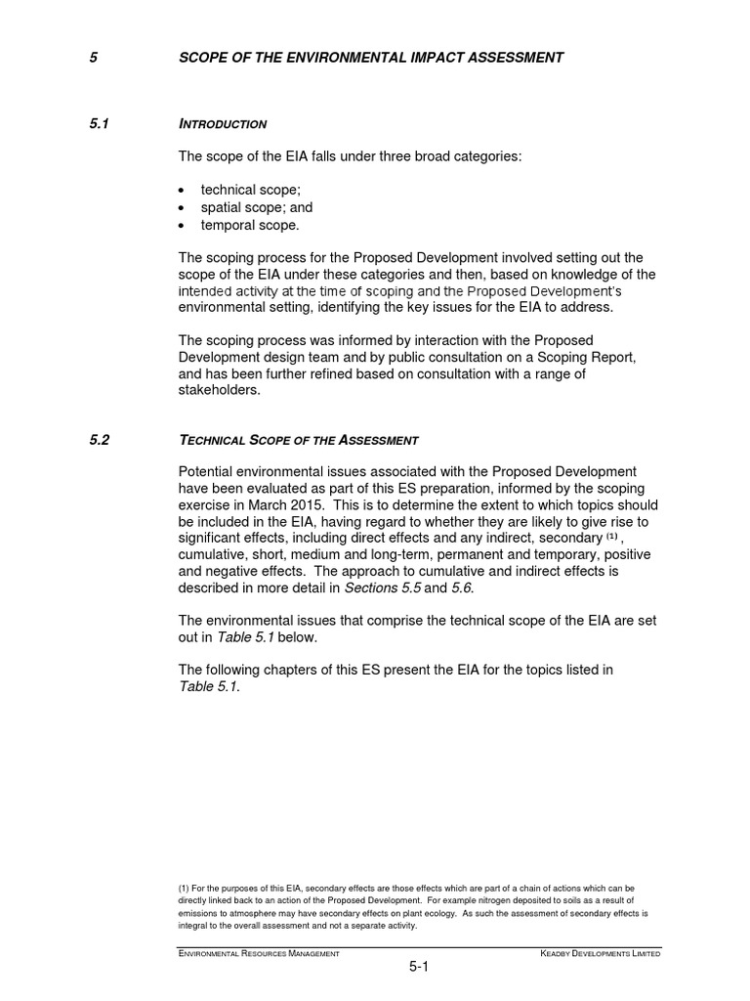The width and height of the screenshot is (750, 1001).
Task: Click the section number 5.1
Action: click(100, 124)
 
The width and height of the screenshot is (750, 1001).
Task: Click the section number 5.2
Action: click(100, 440)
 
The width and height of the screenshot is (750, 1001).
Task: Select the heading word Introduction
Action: click(223, 125)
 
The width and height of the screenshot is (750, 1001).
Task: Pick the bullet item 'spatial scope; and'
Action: click(257, 207)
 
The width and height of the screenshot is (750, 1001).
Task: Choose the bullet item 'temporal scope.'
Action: click(250, 225)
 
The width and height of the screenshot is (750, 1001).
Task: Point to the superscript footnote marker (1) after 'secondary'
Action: click(612, 537)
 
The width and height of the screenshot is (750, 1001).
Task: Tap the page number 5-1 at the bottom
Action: click(420, 969)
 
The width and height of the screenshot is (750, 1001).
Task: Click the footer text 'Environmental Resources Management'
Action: click(259, 953)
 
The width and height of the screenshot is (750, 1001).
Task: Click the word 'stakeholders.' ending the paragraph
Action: click(222, 389)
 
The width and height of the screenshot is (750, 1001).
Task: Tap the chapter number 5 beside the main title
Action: click(93, 58)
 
